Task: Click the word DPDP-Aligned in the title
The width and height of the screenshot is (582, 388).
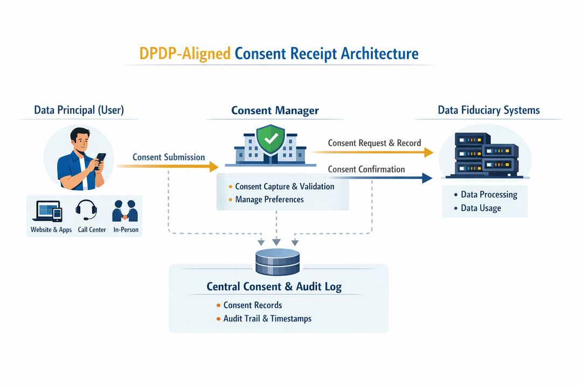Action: coord(185,54)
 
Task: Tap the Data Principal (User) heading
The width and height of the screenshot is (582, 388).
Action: coord(79,110)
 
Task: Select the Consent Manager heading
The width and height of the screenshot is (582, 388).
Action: coord(275,110)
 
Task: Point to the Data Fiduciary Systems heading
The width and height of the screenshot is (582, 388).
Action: coord(488,110)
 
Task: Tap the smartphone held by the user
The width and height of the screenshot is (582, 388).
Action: coord(100,161)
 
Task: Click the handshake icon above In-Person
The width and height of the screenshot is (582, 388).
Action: coord(124,211)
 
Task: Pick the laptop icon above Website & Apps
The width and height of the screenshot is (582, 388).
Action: coord(47,211)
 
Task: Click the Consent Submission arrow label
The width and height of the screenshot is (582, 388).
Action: coord(169,157)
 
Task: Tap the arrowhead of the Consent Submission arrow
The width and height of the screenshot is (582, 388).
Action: coord(213,167)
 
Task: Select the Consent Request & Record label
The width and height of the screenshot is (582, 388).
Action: coord(374,143)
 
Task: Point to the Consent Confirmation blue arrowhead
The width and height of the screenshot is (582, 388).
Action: coord(427,178)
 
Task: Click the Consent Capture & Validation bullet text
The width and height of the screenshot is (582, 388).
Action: coord(285,186)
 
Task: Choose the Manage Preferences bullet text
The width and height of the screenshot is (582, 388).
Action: coord(269,199)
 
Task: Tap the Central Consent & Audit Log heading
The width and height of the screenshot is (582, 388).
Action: coord(274,287)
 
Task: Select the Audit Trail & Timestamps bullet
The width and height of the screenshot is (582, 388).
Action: coord(267,318)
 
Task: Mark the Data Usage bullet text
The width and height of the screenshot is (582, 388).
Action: coord(481,208)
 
